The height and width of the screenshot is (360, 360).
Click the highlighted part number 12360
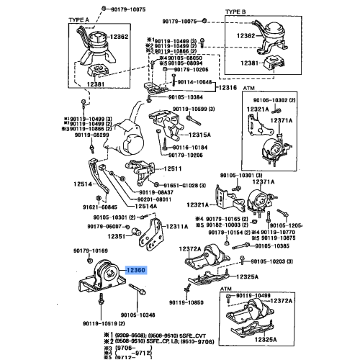point(136,290)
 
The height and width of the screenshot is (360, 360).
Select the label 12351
point(117,235)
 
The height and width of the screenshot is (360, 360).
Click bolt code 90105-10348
point(138,315)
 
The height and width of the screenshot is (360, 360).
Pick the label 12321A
point(257,109)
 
